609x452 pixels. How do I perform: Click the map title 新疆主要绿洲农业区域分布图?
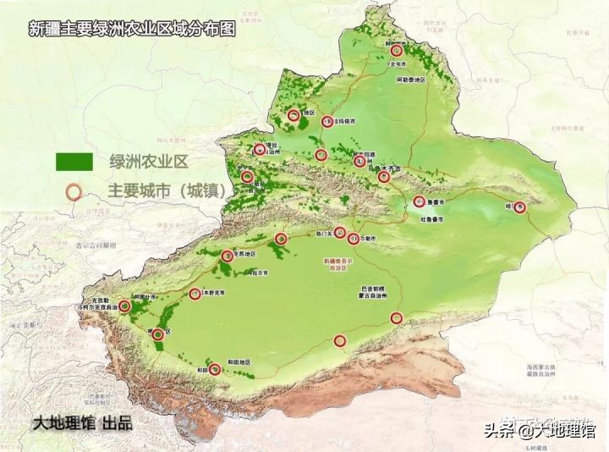130,29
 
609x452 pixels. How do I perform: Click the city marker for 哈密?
520,207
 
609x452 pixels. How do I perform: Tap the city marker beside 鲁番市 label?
420,201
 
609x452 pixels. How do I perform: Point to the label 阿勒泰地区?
413,79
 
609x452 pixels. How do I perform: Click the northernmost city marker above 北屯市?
397,51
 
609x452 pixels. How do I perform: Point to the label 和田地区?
241,363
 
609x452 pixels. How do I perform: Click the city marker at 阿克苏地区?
227,256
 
